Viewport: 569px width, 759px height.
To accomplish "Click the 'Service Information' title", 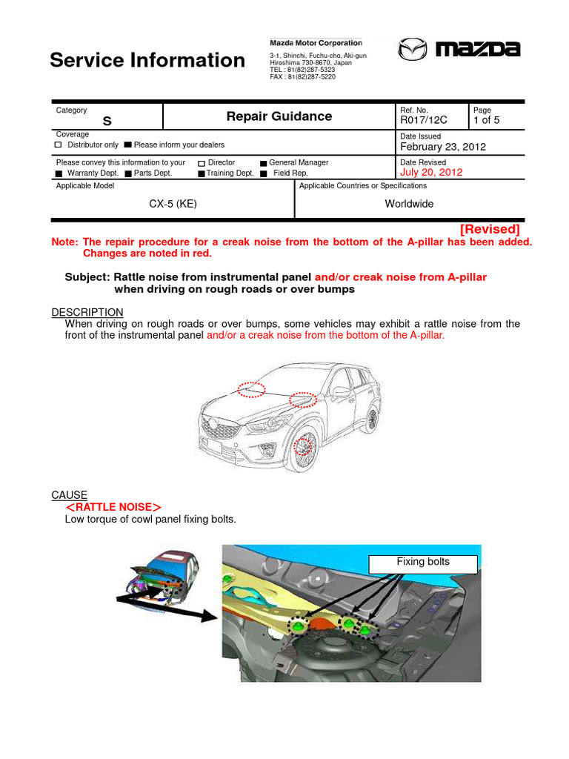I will point(147,60).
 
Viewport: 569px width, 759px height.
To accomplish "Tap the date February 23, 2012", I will point(443,147).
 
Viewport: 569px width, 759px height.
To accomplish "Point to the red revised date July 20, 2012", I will point(431,172).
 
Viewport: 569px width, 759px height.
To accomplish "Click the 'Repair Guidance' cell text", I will point(279,116).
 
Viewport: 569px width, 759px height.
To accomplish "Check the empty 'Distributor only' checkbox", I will point(59,145).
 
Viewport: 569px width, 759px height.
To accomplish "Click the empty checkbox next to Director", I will point(202,163).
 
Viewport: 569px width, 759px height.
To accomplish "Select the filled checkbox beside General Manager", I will point(263,163).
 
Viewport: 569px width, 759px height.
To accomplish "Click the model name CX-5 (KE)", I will point(173,204).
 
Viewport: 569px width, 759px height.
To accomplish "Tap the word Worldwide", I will point(409,204).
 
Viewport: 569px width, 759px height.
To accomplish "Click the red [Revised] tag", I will point(490,229).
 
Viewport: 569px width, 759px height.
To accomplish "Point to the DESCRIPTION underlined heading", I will point(87,312).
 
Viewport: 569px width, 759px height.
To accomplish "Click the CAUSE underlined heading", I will point(69,494).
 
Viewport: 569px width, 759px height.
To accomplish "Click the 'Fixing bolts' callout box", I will point(422,562).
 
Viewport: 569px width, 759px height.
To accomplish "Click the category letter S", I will point(107,121).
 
